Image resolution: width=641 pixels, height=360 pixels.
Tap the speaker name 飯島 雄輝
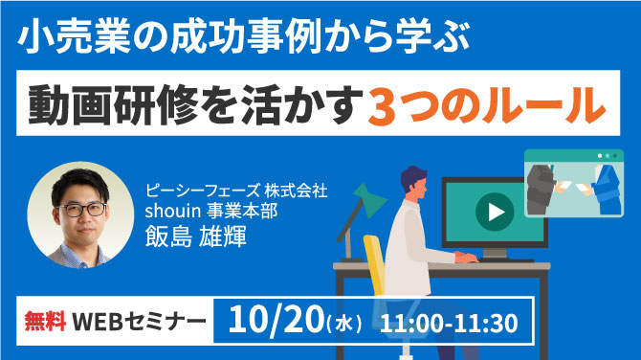pyautogui.click(x=196, y=236)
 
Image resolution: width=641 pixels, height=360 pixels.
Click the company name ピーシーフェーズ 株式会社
pyautogui.click(x=236, y=191)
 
